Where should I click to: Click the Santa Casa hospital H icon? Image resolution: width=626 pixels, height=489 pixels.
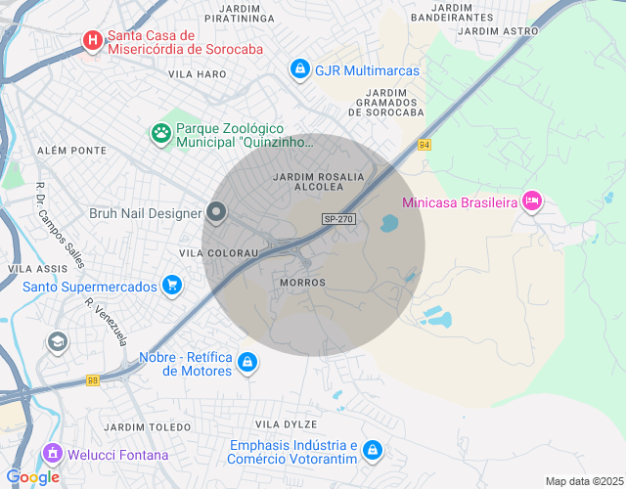[x=93, y=40]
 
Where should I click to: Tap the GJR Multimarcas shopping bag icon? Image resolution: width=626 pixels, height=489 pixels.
[x=299, y=69]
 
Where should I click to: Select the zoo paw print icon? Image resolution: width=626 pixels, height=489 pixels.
[x=159, y=132]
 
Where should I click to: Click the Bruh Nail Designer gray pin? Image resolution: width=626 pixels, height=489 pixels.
[x=216, y=212]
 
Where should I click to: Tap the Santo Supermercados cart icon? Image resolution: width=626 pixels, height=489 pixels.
[x=172, y=286]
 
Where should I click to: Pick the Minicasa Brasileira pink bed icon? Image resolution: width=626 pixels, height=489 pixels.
[x=532, y=201]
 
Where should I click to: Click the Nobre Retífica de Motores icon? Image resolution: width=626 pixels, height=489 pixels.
[x=247, y=363]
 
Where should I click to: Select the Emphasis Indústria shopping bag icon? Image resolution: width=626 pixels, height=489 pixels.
[x=371, y=450]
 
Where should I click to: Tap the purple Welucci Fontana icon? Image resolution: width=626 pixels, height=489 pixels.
[x=52, y=454]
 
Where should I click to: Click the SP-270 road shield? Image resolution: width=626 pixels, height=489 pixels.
[x=337, y=220]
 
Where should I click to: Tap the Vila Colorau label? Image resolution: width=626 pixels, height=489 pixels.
[x=218, y=252]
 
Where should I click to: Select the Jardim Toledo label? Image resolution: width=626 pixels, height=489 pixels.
[x=148, y=428]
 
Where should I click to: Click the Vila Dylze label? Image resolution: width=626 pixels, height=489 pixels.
[x=286, y=424]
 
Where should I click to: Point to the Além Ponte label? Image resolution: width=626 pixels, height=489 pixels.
[x=70, y=151]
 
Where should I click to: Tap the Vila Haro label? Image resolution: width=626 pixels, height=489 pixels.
[x=197, y=74]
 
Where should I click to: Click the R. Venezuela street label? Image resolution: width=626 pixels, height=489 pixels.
[x=107, y=322]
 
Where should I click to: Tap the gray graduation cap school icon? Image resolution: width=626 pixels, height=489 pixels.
[x=57, y=341]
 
